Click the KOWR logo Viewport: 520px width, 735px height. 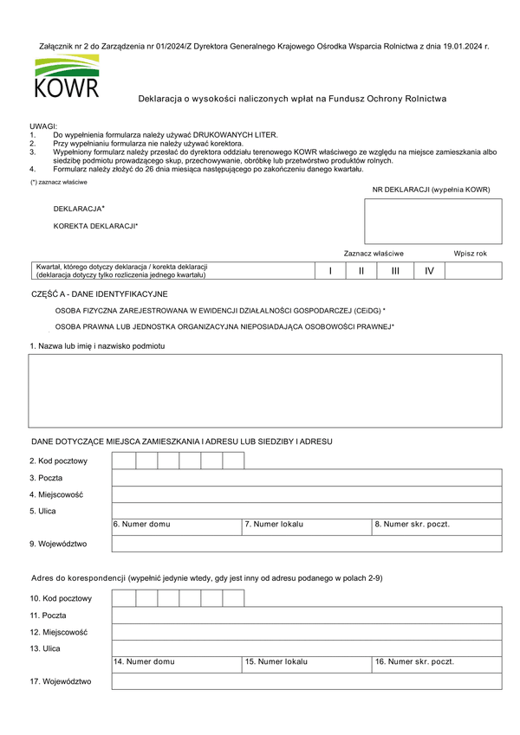(67, 77)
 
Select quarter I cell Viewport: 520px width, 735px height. (330, 271)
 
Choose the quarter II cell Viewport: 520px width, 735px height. (362, 271)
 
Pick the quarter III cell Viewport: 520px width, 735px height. (395, 271)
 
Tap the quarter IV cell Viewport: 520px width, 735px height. (428, 271)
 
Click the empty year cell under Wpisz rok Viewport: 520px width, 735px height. (473, 271)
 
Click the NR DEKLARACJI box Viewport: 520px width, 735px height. (432, 221)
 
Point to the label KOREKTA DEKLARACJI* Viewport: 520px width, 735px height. (95, 226)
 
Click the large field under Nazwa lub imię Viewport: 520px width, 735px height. (265, 391)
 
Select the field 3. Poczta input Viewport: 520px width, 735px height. (307, 478)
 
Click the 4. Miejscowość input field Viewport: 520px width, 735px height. (307, 494)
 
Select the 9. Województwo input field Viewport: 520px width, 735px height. (307, 544)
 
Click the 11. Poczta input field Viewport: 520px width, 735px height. (307, 615)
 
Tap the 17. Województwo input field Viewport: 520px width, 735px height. (307, 681)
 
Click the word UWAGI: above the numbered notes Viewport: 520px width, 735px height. (42, 127)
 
